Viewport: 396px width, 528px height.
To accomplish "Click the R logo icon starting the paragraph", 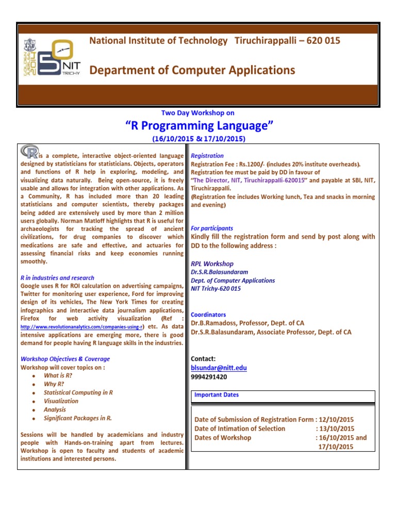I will pos(29,152).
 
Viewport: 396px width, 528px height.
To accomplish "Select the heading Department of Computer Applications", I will pos(192,70).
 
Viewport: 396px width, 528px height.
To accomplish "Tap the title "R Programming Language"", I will pos(199,125).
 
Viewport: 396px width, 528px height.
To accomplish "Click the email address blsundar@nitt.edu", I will pos(219,368).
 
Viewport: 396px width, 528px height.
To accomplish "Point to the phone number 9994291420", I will pos(209,377).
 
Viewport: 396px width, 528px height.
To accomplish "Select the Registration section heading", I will pos(207,155).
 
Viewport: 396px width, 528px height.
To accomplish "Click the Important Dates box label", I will pos(217,395).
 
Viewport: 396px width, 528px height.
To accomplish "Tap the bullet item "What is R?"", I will pos(58,376).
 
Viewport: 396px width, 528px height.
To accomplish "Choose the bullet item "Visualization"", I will pos(61,401).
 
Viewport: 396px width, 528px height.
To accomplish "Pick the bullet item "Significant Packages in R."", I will pos(78,418).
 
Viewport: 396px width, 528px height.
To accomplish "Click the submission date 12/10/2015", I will pos(336,420).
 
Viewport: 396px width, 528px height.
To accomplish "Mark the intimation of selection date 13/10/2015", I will pos(337,428).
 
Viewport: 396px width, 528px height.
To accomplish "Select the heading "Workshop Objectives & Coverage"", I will pos(65,359).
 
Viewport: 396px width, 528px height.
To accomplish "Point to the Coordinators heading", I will pos(208,315).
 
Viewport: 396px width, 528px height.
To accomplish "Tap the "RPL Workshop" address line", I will pos(212,263).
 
